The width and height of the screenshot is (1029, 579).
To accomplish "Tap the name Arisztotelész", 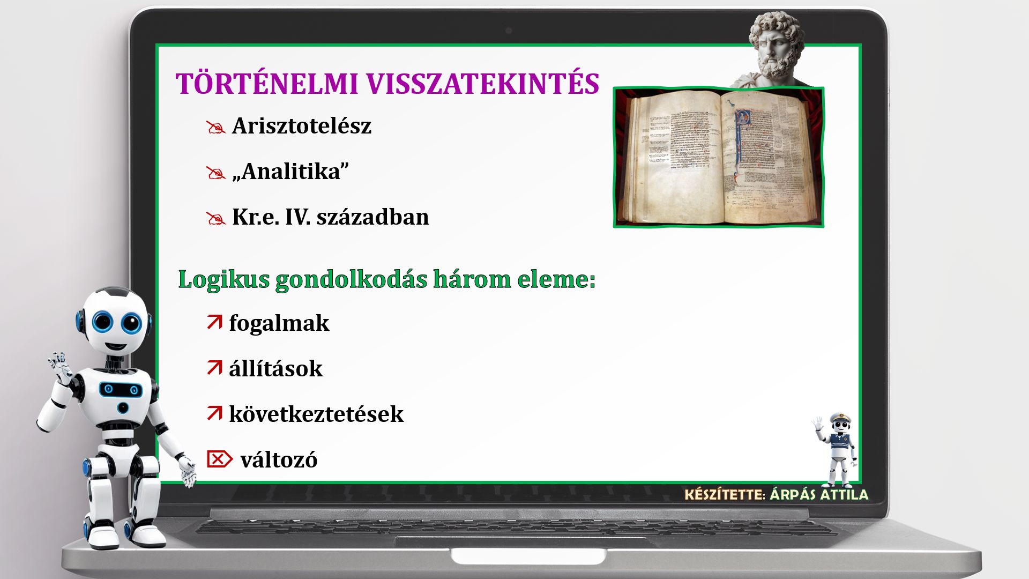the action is [302, 126].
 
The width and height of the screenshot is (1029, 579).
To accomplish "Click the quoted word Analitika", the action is [291, 172].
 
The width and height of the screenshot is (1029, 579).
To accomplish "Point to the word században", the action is [372, 217].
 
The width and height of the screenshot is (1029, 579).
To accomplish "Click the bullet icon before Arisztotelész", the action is [215, 128].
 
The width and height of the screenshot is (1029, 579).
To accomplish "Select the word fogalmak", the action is [279, 323].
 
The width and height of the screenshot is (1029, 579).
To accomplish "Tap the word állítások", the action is [276, 369].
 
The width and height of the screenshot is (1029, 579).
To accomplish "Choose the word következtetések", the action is [316, 414].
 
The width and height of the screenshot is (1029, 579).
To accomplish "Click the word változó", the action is [279, 460].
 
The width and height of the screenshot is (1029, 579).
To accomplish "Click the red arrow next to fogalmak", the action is [214, 322].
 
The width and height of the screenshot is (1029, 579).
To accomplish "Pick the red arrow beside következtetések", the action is [214, 413].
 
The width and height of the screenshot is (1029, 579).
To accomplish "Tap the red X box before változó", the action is [220, 459].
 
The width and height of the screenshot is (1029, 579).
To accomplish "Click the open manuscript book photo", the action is [718, 157].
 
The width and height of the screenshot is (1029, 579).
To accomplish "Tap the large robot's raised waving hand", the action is [60, 367].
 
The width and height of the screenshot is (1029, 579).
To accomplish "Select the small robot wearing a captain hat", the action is [836, 449].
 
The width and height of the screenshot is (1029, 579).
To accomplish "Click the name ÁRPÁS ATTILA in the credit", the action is [819, 494].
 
